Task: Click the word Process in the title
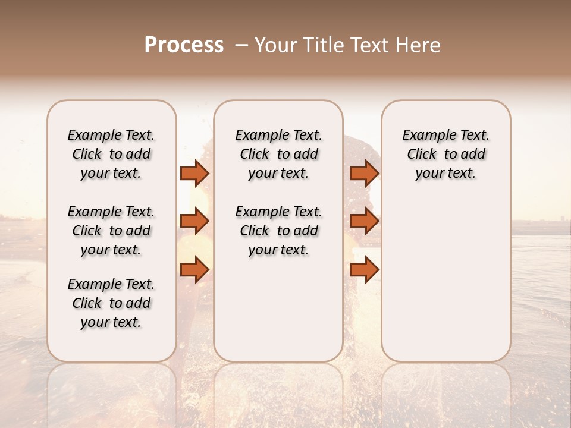[x=184, y=45]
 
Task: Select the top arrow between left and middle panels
[x=194, y=173]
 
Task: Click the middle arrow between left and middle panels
[x=194, y=221]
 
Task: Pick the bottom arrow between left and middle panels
[x=194, y=270]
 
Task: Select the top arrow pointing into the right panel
[x=364, y=173]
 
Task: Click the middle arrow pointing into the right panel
[x=364, y=221]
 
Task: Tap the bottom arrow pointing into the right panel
[x=364, y=270]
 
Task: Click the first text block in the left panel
[x=111, y=154]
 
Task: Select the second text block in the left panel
[x=111, y=231]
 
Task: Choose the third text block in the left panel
[x=111, y=303]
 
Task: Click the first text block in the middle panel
[x=278, y=154]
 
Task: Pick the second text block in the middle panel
[x=278, y=231]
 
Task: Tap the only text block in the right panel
[x=445, y=154]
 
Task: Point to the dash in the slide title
[x=241, y=45]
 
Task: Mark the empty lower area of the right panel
[x=445, y=279]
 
